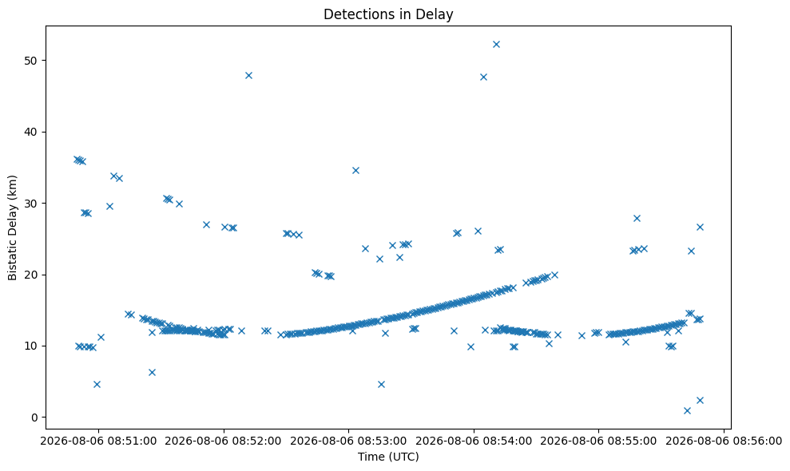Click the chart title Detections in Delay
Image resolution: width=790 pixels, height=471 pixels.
click(388, 14)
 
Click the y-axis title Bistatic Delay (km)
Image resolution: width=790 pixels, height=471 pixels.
click(12, 228)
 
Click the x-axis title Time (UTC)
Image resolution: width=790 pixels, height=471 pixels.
click(388, 457)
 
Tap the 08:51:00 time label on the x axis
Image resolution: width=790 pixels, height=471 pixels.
click(98, 441)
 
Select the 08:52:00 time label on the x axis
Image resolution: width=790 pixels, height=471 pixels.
click(223, 441)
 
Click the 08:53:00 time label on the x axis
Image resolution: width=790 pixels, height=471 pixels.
click(348, 441)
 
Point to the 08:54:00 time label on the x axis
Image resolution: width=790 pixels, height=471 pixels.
click(474, 441)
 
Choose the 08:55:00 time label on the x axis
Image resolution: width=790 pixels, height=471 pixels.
click(598, 441)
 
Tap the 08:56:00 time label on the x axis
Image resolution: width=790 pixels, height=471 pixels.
click(724, 441)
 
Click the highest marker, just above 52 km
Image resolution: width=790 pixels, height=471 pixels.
click(496, 45)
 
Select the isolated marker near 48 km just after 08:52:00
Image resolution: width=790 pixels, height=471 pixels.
click(248, 76)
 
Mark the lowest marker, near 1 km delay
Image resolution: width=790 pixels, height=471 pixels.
click(687, 410)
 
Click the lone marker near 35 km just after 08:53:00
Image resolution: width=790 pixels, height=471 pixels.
click(355, 171)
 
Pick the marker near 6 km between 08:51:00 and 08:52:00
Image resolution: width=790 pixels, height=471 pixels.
click(152, 372)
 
